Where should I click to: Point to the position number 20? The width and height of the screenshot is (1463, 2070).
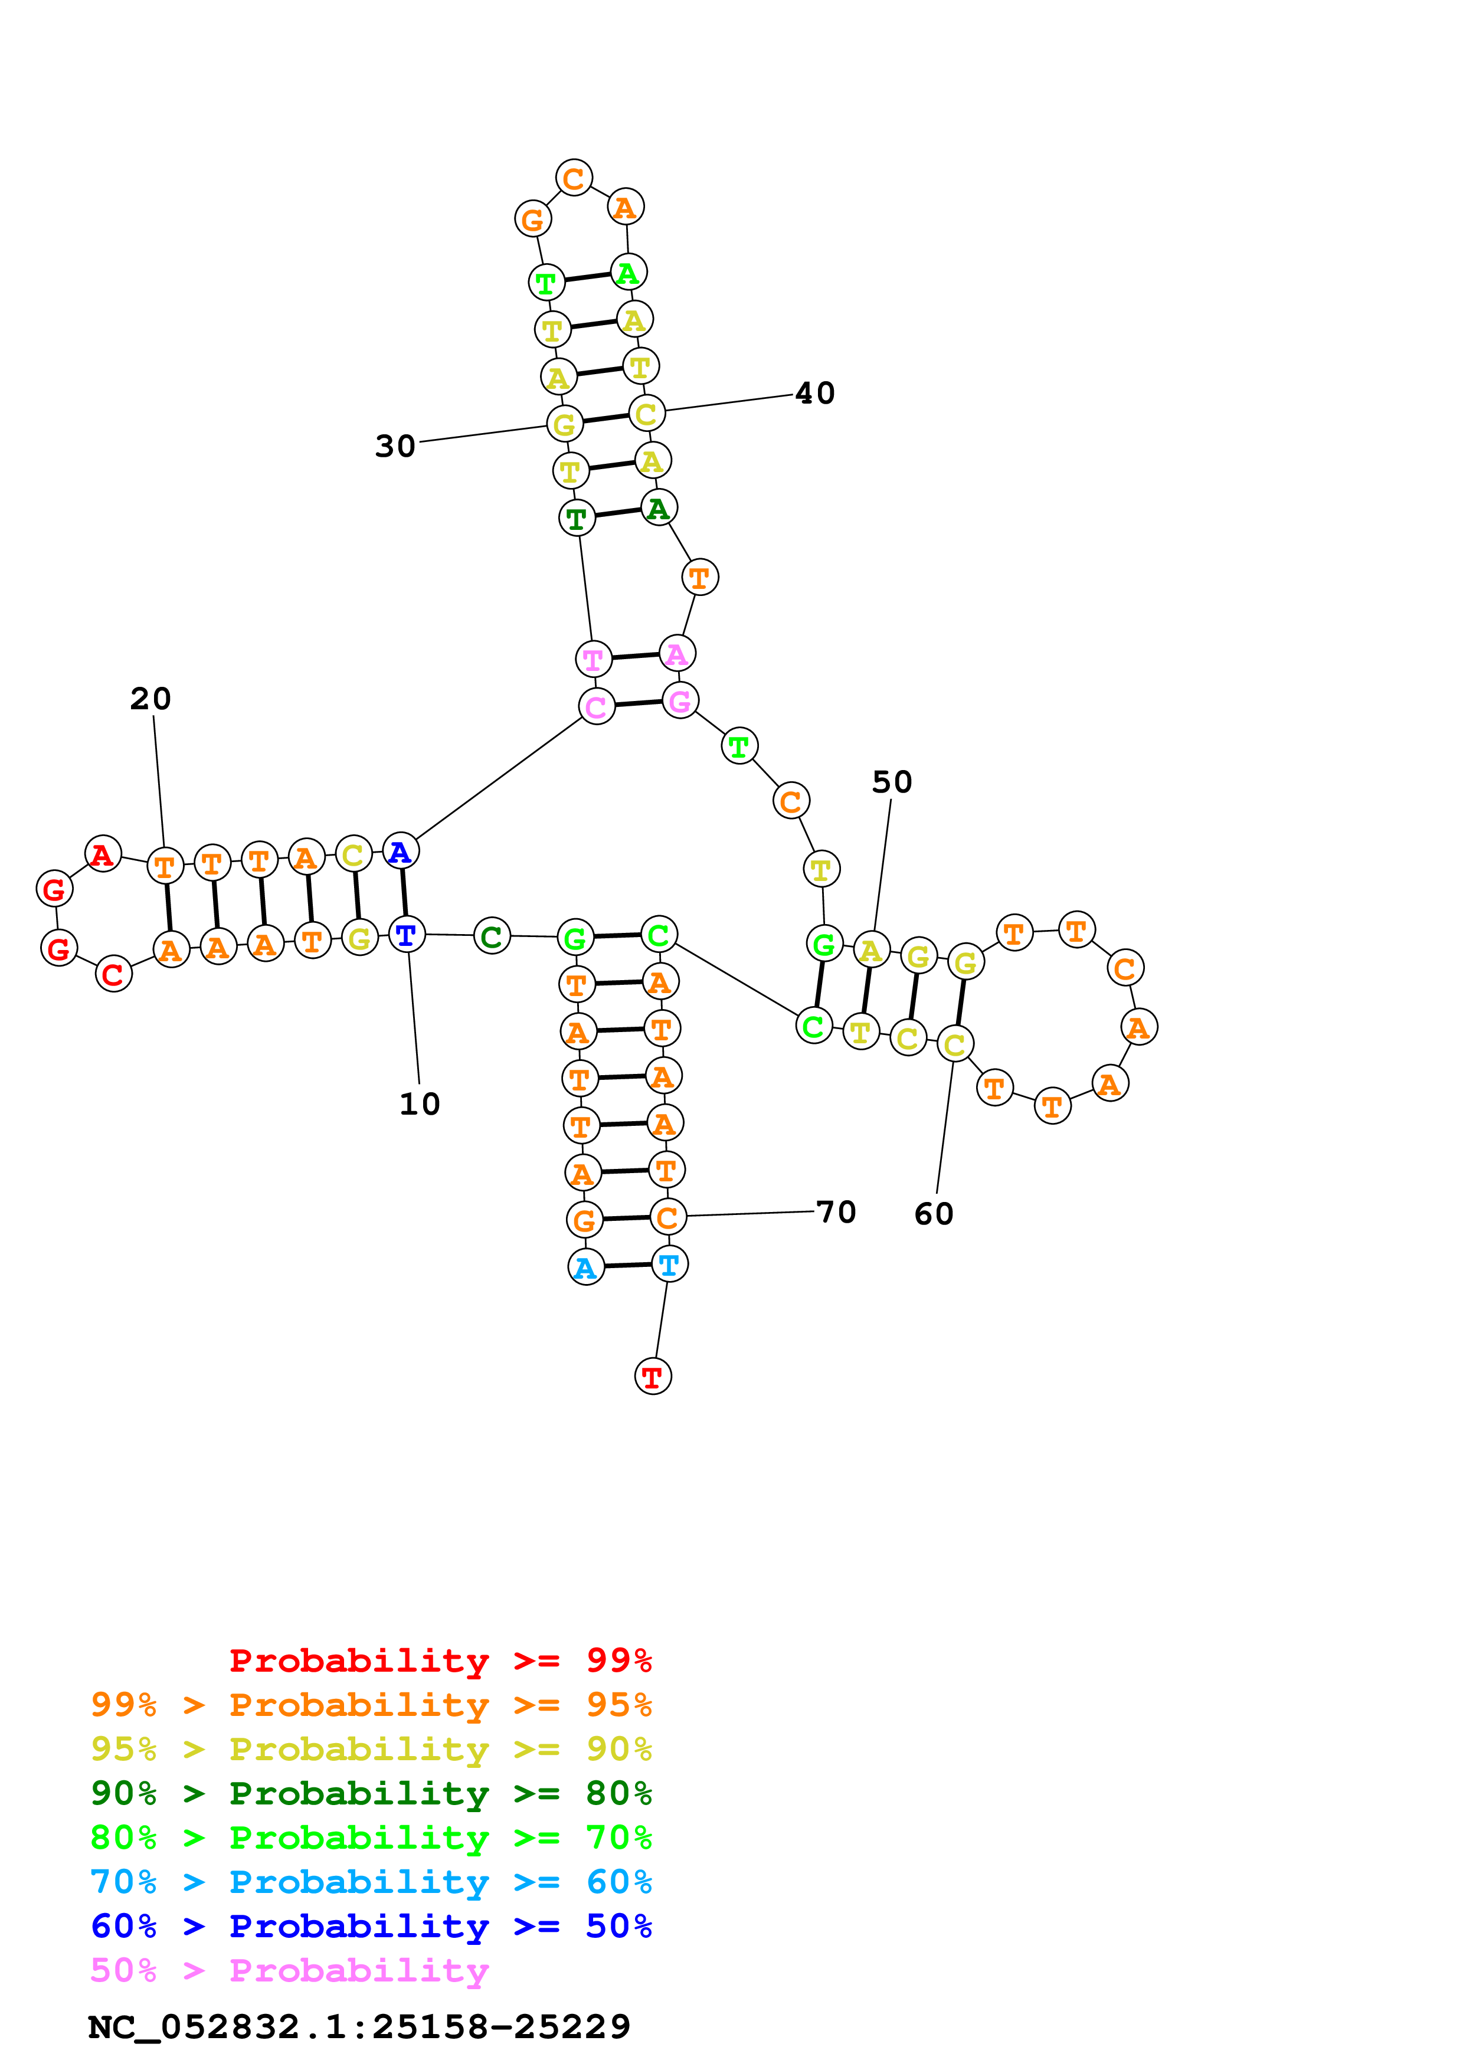[150, 699]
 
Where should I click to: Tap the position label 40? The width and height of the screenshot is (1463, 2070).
[815, 393]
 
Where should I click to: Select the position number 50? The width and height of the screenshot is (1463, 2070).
[892, 782]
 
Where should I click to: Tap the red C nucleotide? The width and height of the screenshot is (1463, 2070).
[113, 974]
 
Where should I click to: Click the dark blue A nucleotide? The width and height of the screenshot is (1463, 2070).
[400, 850]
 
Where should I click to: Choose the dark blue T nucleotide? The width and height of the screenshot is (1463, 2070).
[407, 934]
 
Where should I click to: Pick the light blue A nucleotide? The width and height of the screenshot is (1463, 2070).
[586, 1267]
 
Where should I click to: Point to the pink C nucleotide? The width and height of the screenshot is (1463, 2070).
[596, 706]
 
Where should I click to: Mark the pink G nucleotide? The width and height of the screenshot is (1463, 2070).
[680, 700]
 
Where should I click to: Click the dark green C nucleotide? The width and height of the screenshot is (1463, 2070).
[491, 936]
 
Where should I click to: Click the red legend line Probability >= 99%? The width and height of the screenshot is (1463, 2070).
[440, 1660]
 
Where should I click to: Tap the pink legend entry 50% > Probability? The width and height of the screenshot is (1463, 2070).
[289, 1971]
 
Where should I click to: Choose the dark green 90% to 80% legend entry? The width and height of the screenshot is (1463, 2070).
[371, 1793]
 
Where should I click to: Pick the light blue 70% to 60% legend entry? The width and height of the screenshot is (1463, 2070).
[371, 1882]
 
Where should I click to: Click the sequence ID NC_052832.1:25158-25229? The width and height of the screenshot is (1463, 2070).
[359, 2027]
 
